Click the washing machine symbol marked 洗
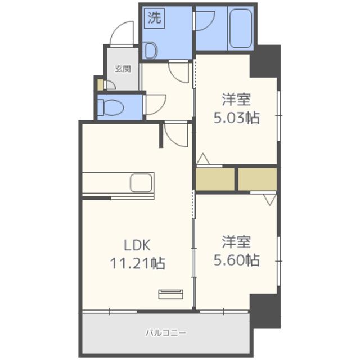(154, 18)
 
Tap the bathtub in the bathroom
(241, 28)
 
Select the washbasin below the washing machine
(150, 50)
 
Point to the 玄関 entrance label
(123, 69)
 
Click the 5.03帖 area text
(236, 118)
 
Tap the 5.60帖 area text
(236, 260)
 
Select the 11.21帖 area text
(138, 263)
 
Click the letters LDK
(137, 245)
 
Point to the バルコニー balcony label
(166, 332)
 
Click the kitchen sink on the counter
(141, 183)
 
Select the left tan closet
(215, 179)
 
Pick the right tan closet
(258, 179)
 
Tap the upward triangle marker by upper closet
(203, 159)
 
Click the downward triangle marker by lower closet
(270, 200)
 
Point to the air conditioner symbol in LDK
(171, 294)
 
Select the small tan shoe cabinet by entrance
(100, 84)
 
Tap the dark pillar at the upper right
(265, 61)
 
